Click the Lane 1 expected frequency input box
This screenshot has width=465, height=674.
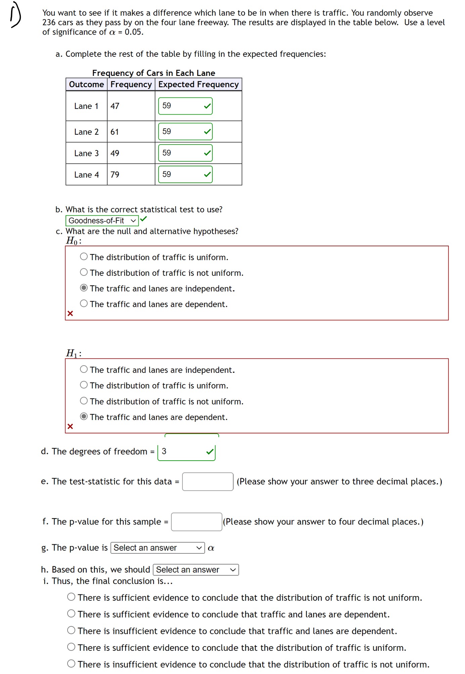pyautogui.click(x=181, y=106)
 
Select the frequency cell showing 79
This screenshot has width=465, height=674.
pyautogui.click(x=115, y=175)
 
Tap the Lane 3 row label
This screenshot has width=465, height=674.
pyautogui.click(x=86, y=154)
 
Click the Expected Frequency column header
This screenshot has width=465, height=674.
pyautogui.click(x=198, y=85)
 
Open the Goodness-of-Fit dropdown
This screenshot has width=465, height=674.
pyautogui.click(x=102, y=221)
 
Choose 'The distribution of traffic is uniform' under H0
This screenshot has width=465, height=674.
pyautogui.click(x=84, y=257)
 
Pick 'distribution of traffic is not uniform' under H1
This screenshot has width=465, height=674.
pyautogui.click(x=84, y=401)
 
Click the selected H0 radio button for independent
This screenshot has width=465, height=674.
pyautogui.click(x=84, y=288)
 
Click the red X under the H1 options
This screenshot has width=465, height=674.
pyautogui.click(x=70, y=426)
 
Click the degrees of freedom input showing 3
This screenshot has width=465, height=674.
pyautogui.click(x=183, y=452)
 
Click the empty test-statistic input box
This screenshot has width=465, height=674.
pyautogui.click(x=208, y=481)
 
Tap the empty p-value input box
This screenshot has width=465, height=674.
pyautogui.click(x=197, y=522)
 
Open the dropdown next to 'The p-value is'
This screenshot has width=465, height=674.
pyautogui.click(x=158, y=548)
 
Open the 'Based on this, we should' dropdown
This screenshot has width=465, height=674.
pyautogui.click(x=196, y=570)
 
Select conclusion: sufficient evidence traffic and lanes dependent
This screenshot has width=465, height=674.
pyautogui.click(x=71, y=614)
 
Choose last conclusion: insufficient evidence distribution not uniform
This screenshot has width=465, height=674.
pyautogui.click(x=71, y=664)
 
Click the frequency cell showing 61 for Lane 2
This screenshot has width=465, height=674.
pyautogui.click(x=115, y=132)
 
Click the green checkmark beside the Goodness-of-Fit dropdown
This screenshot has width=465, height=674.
pyautogui.click(x=144, y=219)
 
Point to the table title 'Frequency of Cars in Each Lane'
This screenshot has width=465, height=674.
pyautogui.click(x=154, y=73)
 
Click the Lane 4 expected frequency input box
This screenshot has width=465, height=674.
pyautogui.click(x=181, y=175)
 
